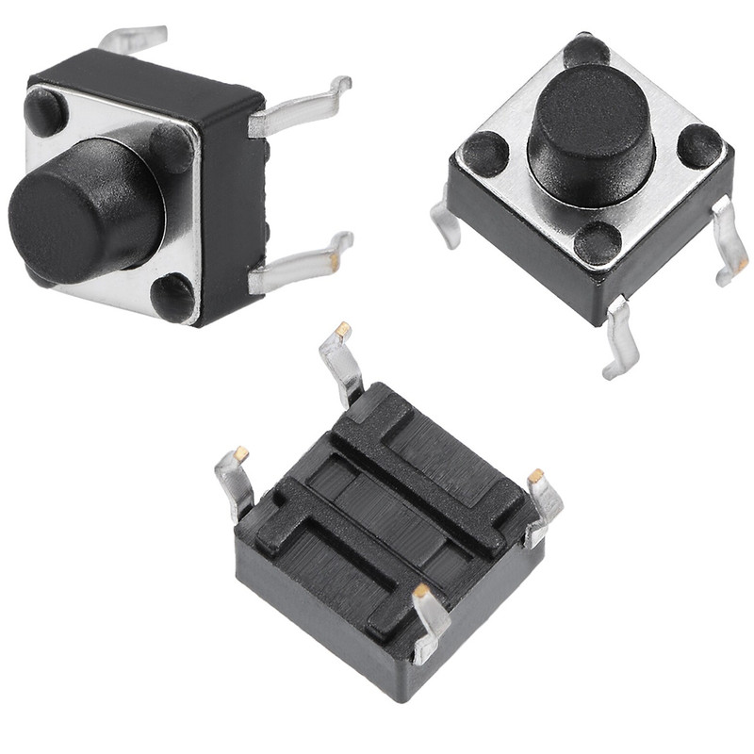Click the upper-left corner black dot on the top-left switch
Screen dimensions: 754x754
(45, 111)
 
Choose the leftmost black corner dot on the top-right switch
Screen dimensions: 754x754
(485, 154)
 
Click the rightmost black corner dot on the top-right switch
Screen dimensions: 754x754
(699, 146)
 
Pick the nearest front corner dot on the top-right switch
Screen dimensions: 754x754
(598, 243)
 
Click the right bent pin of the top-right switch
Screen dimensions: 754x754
(729, 239)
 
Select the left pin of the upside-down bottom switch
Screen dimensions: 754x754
(234, 481)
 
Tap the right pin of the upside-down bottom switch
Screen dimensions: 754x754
(544, 504)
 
